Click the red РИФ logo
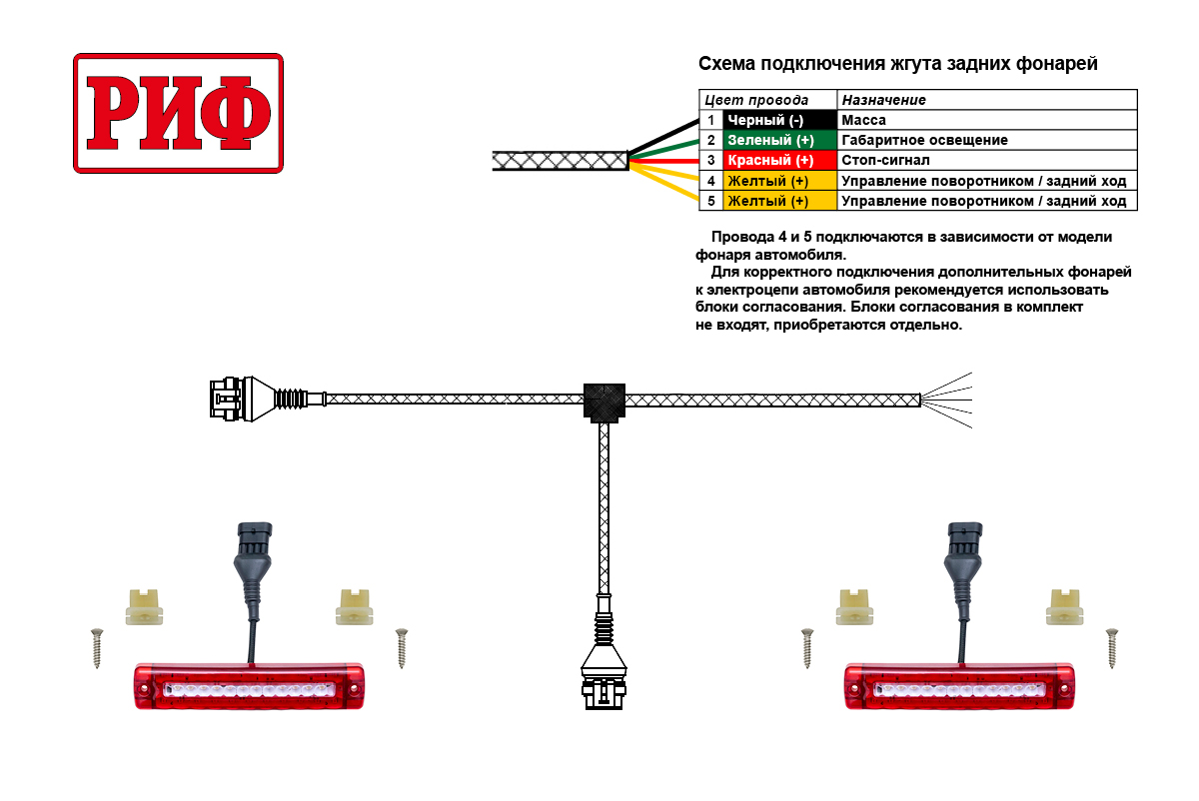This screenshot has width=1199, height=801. [x=178, y=113]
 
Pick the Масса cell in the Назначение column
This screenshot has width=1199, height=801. [x=986, y=120]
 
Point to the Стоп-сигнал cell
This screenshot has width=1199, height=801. [x=986, y=161]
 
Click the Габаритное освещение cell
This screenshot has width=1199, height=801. [x=986, y=141]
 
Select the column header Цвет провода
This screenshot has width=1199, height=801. [x=767, y=100]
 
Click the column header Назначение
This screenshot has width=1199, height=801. [x=986, y=100]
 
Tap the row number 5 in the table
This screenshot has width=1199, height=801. [x=710, y=201]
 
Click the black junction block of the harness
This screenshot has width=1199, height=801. [x=603, y=401]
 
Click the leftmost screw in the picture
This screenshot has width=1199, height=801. [x=97, y=647]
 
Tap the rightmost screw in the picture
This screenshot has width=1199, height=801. [x=1111, y=647]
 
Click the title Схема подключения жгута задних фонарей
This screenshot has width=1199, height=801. [x=897, y=65]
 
